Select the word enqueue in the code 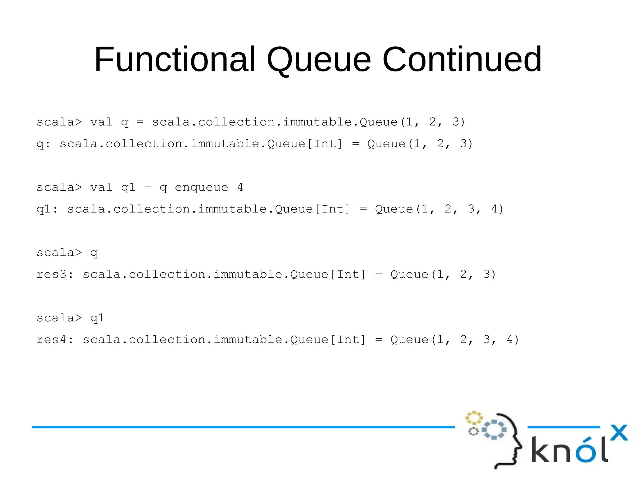coord(201,187)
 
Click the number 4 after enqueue coord(240,187)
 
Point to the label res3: coord(55,274)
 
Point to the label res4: coord(55,340)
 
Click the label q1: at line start coord(47,209)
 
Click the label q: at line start coord(43,144)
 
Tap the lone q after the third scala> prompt coord(94,253)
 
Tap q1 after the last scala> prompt coord(97,318)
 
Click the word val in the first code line coord(101,122)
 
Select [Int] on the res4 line coord(348,340)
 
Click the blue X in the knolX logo coord(619,433)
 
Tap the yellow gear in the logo coord(474,418)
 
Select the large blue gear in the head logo coord(494,430)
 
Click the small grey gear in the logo coord(473,431)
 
